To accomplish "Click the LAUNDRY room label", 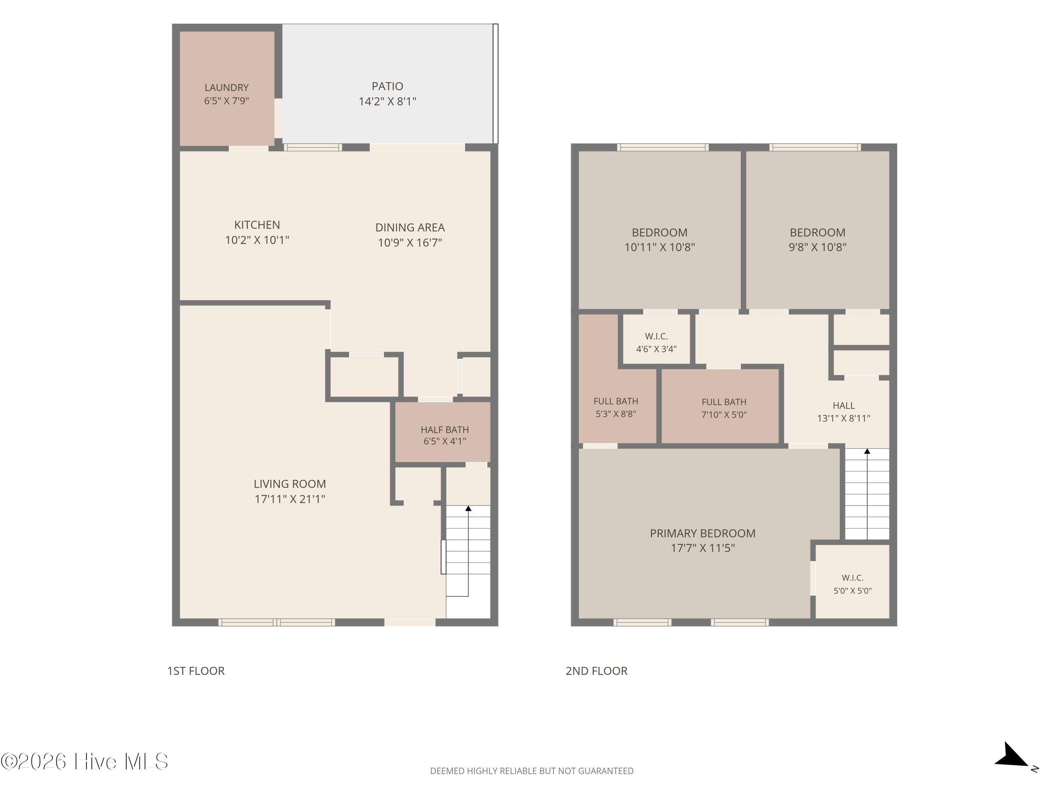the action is click(x=227, y=88).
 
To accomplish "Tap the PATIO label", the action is click(x=387, y=86).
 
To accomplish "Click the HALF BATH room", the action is click(x=443, y=432).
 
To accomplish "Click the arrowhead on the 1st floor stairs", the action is click(x=468, y=508).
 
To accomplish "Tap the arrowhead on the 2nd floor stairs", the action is click(x=867, y=451).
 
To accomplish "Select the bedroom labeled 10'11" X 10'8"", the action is click(x=659, y=230).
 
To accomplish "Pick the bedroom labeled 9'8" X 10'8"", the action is click(x=817, y=230).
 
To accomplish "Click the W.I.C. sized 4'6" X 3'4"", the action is click(x=656, y=339).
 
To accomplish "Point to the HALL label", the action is click(x=844, y=405).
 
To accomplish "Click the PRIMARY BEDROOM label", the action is click(x=703, y=533).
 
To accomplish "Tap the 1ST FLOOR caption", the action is click(x=196, y=671).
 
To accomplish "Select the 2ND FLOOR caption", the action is click(x=597, y=671).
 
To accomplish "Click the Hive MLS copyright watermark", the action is click(x=85, y=761).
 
